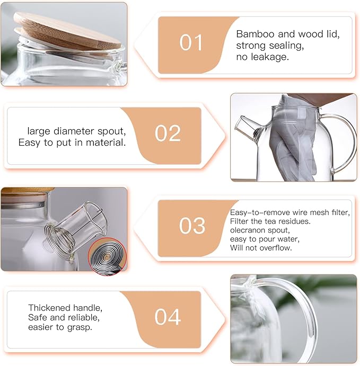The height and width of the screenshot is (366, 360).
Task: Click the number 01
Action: (x=191, y=42)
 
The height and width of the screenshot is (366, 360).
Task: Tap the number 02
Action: (x=168, y=133)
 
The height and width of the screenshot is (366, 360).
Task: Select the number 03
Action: (x=192, y=226)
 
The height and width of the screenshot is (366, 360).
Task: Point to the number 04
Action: (x=168, y=317)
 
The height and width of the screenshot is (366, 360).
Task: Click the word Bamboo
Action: (x=254, y=34)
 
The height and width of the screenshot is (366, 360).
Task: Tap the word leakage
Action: (x=270, y=57)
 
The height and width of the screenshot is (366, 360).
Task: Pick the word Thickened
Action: (x=50, y=308)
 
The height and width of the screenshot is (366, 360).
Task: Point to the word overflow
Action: (x=275, y=248)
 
